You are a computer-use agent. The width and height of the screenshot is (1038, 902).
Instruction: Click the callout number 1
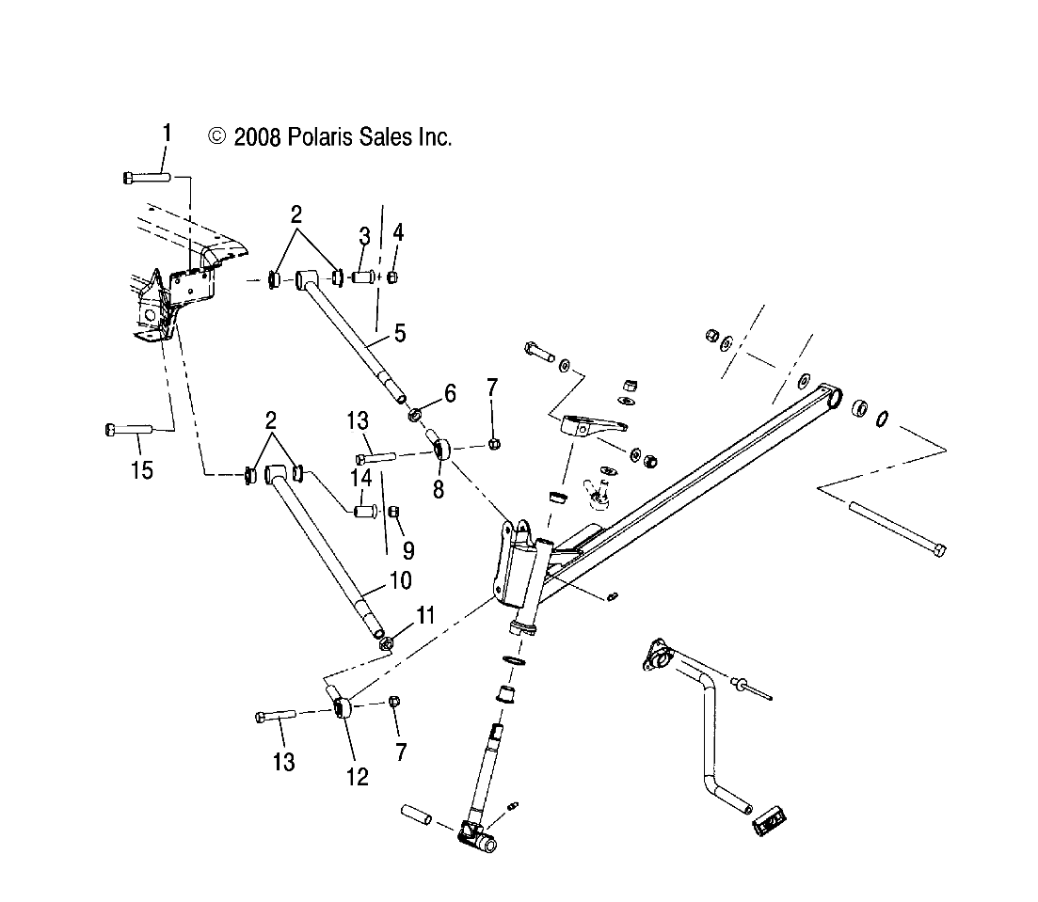(168, 132)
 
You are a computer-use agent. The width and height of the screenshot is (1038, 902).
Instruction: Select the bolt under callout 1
(146, 176)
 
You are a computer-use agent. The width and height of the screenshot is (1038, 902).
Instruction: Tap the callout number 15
(141, 469)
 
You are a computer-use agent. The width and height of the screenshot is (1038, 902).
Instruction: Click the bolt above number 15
(127, 430)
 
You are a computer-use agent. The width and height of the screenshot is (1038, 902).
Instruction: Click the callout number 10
(400, 580)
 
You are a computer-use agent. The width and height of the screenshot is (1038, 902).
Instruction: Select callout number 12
(357, 776)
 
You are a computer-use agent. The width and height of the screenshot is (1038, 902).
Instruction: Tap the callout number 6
(449, 393)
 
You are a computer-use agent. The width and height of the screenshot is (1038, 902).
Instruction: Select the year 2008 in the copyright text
(256, 137)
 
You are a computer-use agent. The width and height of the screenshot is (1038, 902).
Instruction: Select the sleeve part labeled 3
(363, 278)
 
